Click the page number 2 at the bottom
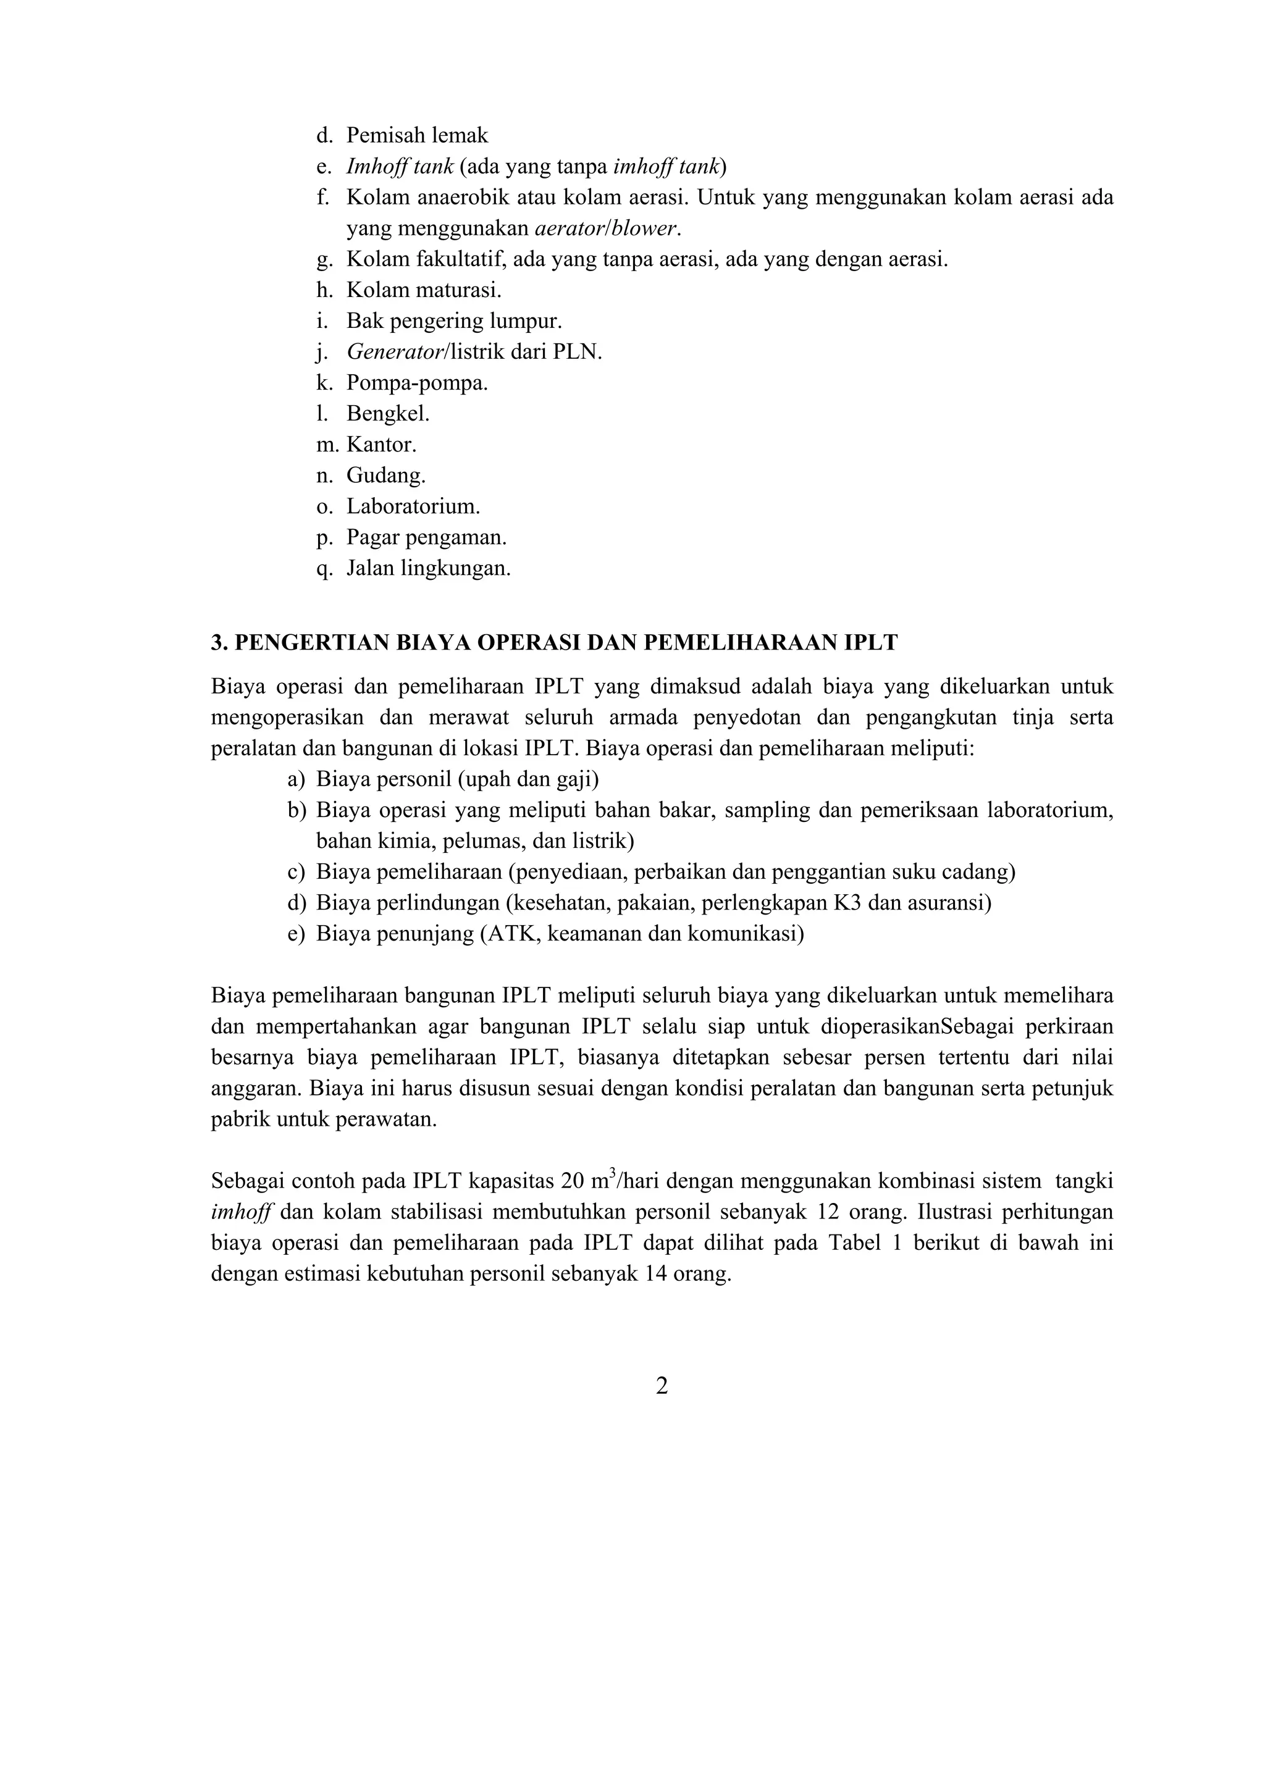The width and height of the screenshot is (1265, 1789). tap(661, 1386)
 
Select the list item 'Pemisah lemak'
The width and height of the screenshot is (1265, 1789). tap(417, 136)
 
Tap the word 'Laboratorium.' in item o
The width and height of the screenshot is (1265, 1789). tap(413, 506)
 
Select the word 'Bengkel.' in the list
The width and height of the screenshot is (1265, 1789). tap(388, 414)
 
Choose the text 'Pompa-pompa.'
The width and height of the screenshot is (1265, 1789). tap(417, 383)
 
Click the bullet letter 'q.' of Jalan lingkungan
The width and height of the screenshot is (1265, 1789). tap(324, 569)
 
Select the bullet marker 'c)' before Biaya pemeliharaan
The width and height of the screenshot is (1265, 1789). tap(296, 872)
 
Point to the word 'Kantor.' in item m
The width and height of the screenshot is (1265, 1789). tap(381, 445)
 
